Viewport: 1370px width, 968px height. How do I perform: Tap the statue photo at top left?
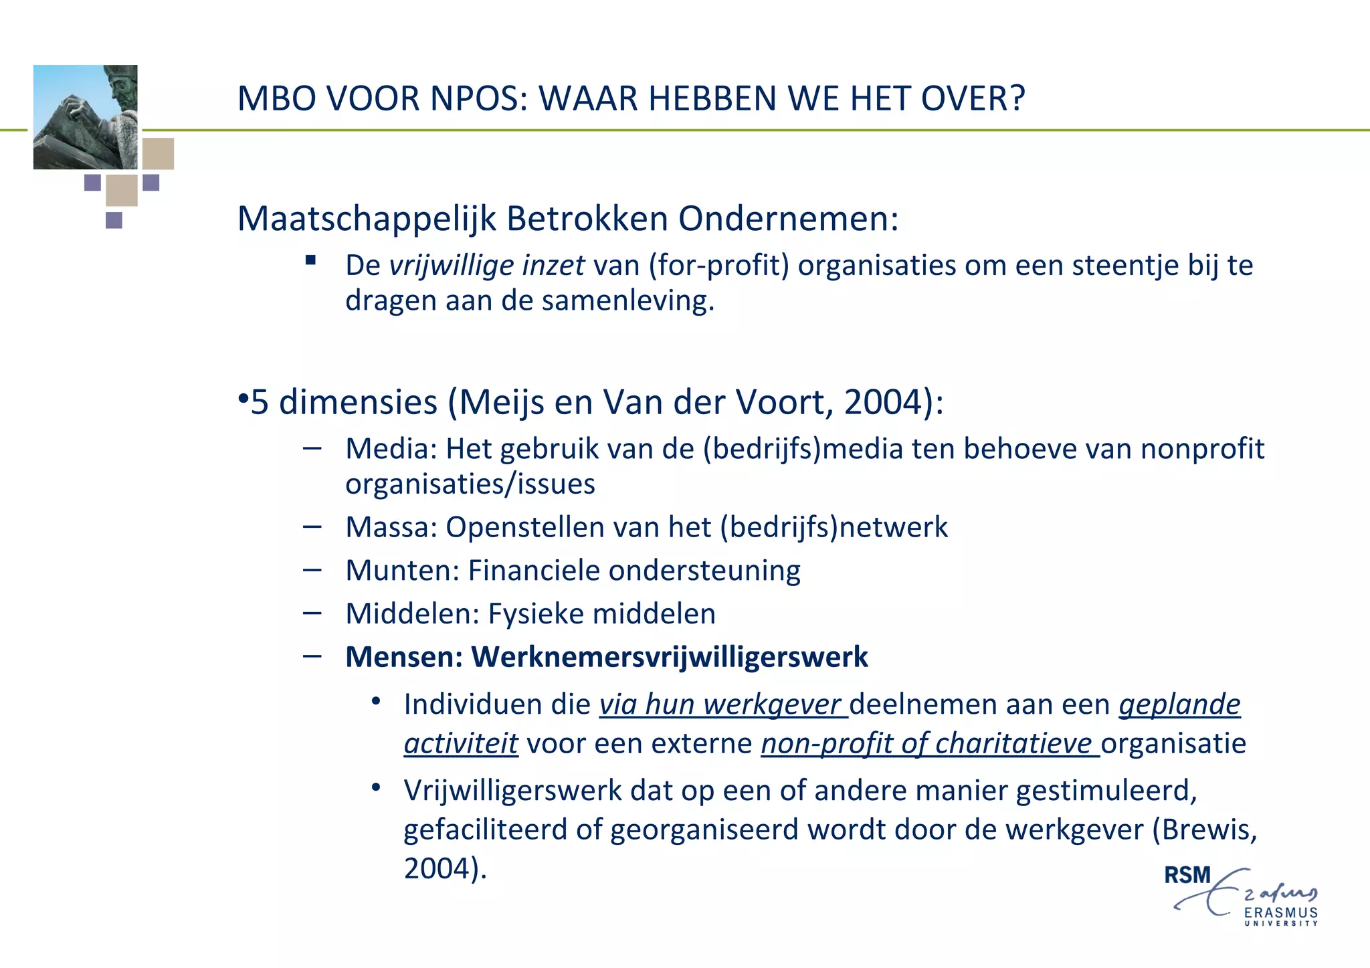[85, 116]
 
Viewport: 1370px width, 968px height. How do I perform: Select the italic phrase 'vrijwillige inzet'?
[487, 266]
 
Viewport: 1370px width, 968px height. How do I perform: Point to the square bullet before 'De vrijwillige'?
[310, 260]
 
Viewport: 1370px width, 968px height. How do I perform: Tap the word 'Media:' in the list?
[391, 449]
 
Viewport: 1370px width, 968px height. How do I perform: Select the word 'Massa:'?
[391, 527]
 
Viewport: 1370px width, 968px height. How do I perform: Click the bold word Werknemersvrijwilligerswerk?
[670, 657]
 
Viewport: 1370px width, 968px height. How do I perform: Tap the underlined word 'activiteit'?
[461, 744]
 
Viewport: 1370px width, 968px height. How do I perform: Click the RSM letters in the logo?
[1187, 875]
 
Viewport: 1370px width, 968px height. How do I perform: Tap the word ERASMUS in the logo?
[1280, 912]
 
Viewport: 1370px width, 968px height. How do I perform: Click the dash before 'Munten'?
[312, 570]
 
